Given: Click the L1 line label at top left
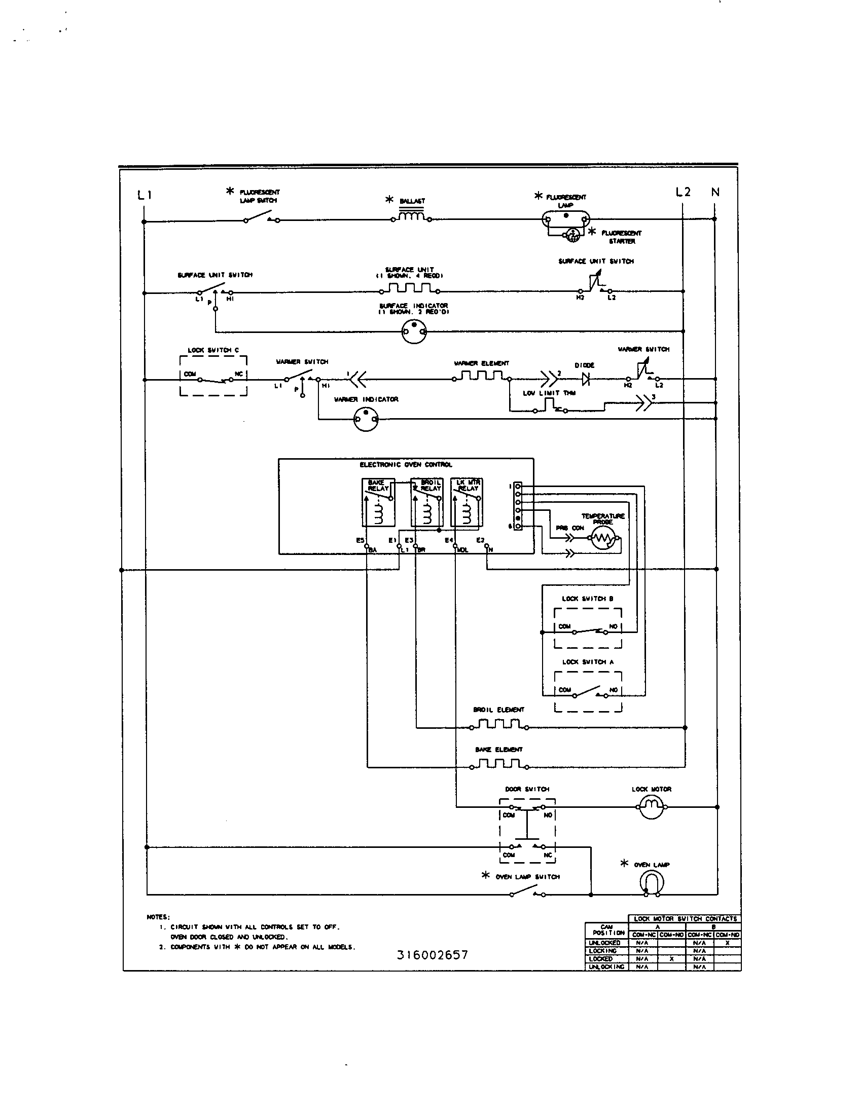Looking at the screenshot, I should click(145, 195).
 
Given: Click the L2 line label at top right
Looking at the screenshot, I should click(683, 192).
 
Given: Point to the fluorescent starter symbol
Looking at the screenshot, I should click(571, 234).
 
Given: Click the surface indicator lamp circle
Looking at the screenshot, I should click(414, 332).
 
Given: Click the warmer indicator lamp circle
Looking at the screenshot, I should click(366, 419).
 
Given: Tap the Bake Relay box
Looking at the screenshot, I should click(378, 502).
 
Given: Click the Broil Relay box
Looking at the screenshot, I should click(427, 502).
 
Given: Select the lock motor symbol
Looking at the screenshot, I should click(651, 806).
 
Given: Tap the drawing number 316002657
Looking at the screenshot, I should click(432, 955).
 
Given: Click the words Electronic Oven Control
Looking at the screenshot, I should click(406, 465).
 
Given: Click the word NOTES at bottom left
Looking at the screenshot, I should click(158, 917).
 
